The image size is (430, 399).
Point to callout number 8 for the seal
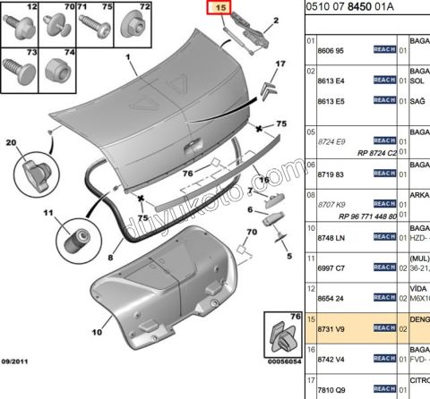(109, 256)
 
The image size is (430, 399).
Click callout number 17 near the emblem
(279, 64)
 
